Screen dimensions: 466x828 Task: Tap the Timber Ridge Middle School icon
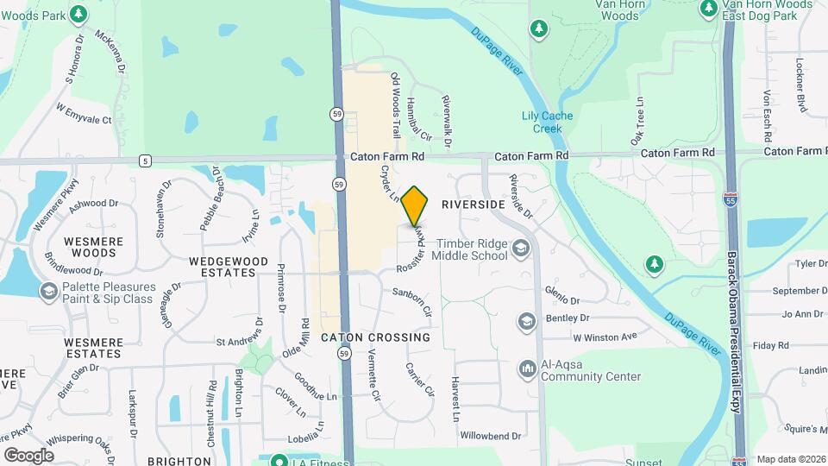click(520, 249)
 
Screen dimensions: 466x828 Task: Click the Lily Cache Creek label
click(547, 122)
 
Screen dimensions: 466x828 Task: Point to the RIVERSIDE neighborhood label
click(472, 205)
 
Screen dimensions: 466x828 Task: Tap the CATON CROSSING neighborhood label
click(375, 337)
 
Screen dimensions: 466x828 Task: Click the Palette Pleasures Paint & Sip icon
click(49, 293)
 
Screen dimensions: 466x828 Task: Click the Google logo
click(28, 455)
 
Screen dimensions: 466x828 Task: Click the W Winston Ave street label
click(605, 336)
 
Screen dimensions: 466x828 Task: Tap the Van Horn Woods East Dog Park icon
click(709, 9)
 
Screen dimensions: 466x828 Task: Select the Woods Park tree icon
click(78, 14)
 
